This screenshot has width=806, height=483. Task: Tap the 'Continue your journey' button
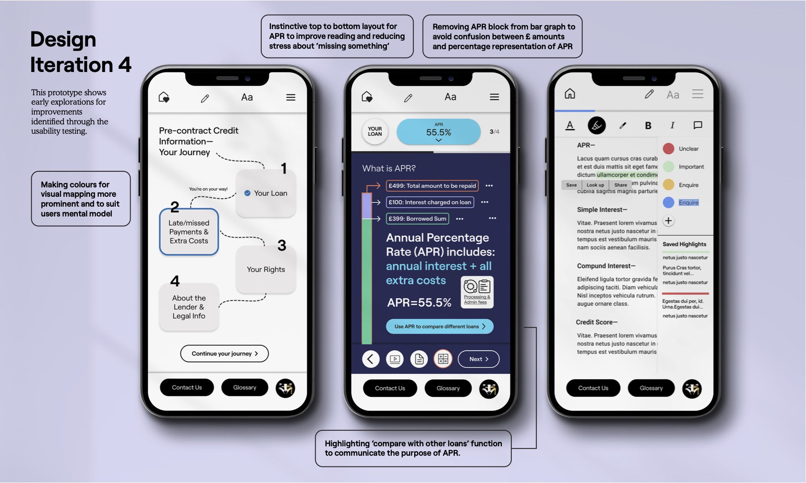point(224,353)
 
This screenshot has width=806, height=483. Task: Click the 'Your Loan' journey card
point(266,193)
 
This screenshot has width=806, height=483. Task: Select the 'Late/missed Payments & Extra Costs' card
point(189,232)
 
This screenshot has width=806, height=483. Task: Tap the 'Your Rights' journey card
point(266,269)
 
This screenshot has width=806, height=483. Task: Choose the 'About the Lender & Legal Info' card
point(189,307)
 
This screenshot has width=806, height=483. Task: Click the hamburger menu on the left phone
point(291,97)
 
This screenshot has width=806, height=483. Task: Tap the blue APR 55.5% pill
point(438,132)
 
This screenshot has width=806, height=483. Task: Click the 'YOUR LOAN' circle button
point(375,131)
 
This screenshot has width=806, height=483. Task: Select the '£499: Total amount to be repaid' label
point(432,186)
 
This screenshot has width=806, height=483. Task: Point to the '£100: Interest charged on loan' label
point(430,202)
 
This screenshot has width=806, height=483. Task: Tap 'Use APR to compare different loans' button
point(440,326)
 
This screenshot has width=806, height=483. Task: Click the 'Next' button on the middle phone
point(479,359)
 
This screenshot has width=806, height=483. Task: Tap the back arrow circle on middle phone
point(370,359)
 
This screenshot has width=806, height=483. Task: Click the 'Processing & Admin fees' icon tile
point(477,292)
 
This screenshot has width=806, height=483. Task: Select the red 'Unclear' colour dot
point(668,148)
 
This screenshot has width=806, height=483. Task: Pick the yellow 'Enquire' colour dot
point(668,185)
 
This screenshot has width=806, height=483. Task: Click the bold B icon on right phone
point(648,126)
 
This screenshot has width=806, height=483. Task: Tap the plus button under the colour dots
point(668,220)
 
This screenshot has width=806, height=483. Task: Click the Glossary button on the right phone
point(651,388)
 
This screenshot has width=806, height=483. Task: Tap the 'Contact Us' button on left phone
point(187,387)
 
